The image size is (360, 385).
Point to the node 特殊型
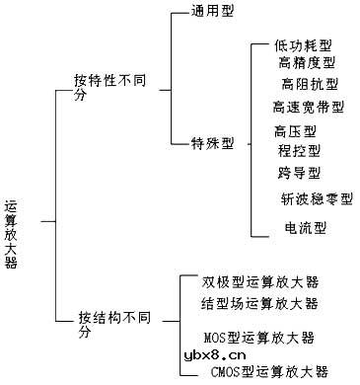[212, 143]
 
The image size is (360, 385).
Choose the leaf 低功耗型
[305, 46]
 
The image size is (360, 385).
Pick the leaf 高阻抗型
[310, 84]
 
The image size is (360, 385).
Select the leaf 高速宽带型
[309, 106]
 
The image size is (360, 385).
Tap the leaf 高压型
[295, 130]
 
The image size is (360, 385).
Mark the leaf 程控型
[299, 150]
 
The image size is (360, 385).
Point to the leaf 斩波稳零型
[317, 198]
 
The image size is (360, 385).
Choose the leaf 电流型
[305, 229]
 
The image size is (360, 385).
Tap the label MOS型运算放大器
[264, 338]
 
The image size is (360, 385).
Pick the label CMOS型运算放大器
[268, 371]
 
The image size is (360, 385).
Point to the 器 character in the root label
[12, 264]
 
